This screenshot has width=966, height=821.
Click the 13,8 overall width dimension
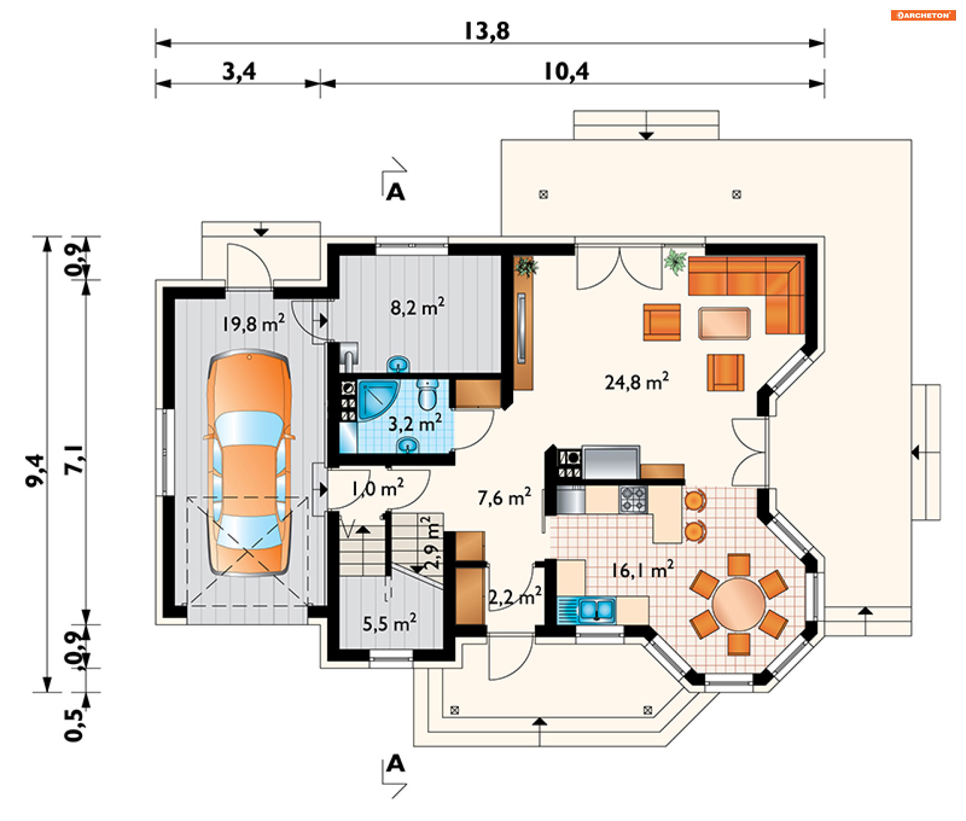pos(487,31)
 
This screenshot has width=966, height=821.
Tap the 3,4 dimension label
pos(239,71)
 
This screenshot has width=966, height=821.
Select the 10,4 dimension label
pos(566,71)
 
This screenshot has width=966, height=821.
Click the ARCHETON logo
pos(923,15)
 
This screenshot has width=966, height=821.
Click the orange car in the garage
pos(249,462)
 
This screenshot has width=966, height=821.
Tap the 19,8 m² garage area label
pos(254,323)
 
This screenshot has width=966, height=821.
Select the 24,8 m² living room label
pos(636,381)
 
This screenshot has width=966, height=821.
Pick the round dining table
pos(738,604)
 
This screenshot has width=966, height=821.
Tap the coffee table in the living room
pos(724,323)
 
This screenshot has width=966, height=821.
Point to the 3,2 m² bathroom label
pos(415,423)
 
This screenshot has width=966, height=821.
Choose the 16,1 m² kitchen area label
pos(642,569)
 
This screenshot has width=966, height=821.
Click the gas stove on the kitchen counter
pos(633,499)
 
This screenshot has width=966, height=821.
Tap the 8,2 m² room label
pos(417,306)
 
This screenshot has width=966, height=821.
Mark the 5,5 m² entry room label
pos(389,623)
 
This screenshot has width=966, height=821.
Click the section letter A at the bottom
pos(395,764)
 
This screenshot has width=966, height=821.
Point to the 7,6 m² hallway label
pos(504,497)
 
